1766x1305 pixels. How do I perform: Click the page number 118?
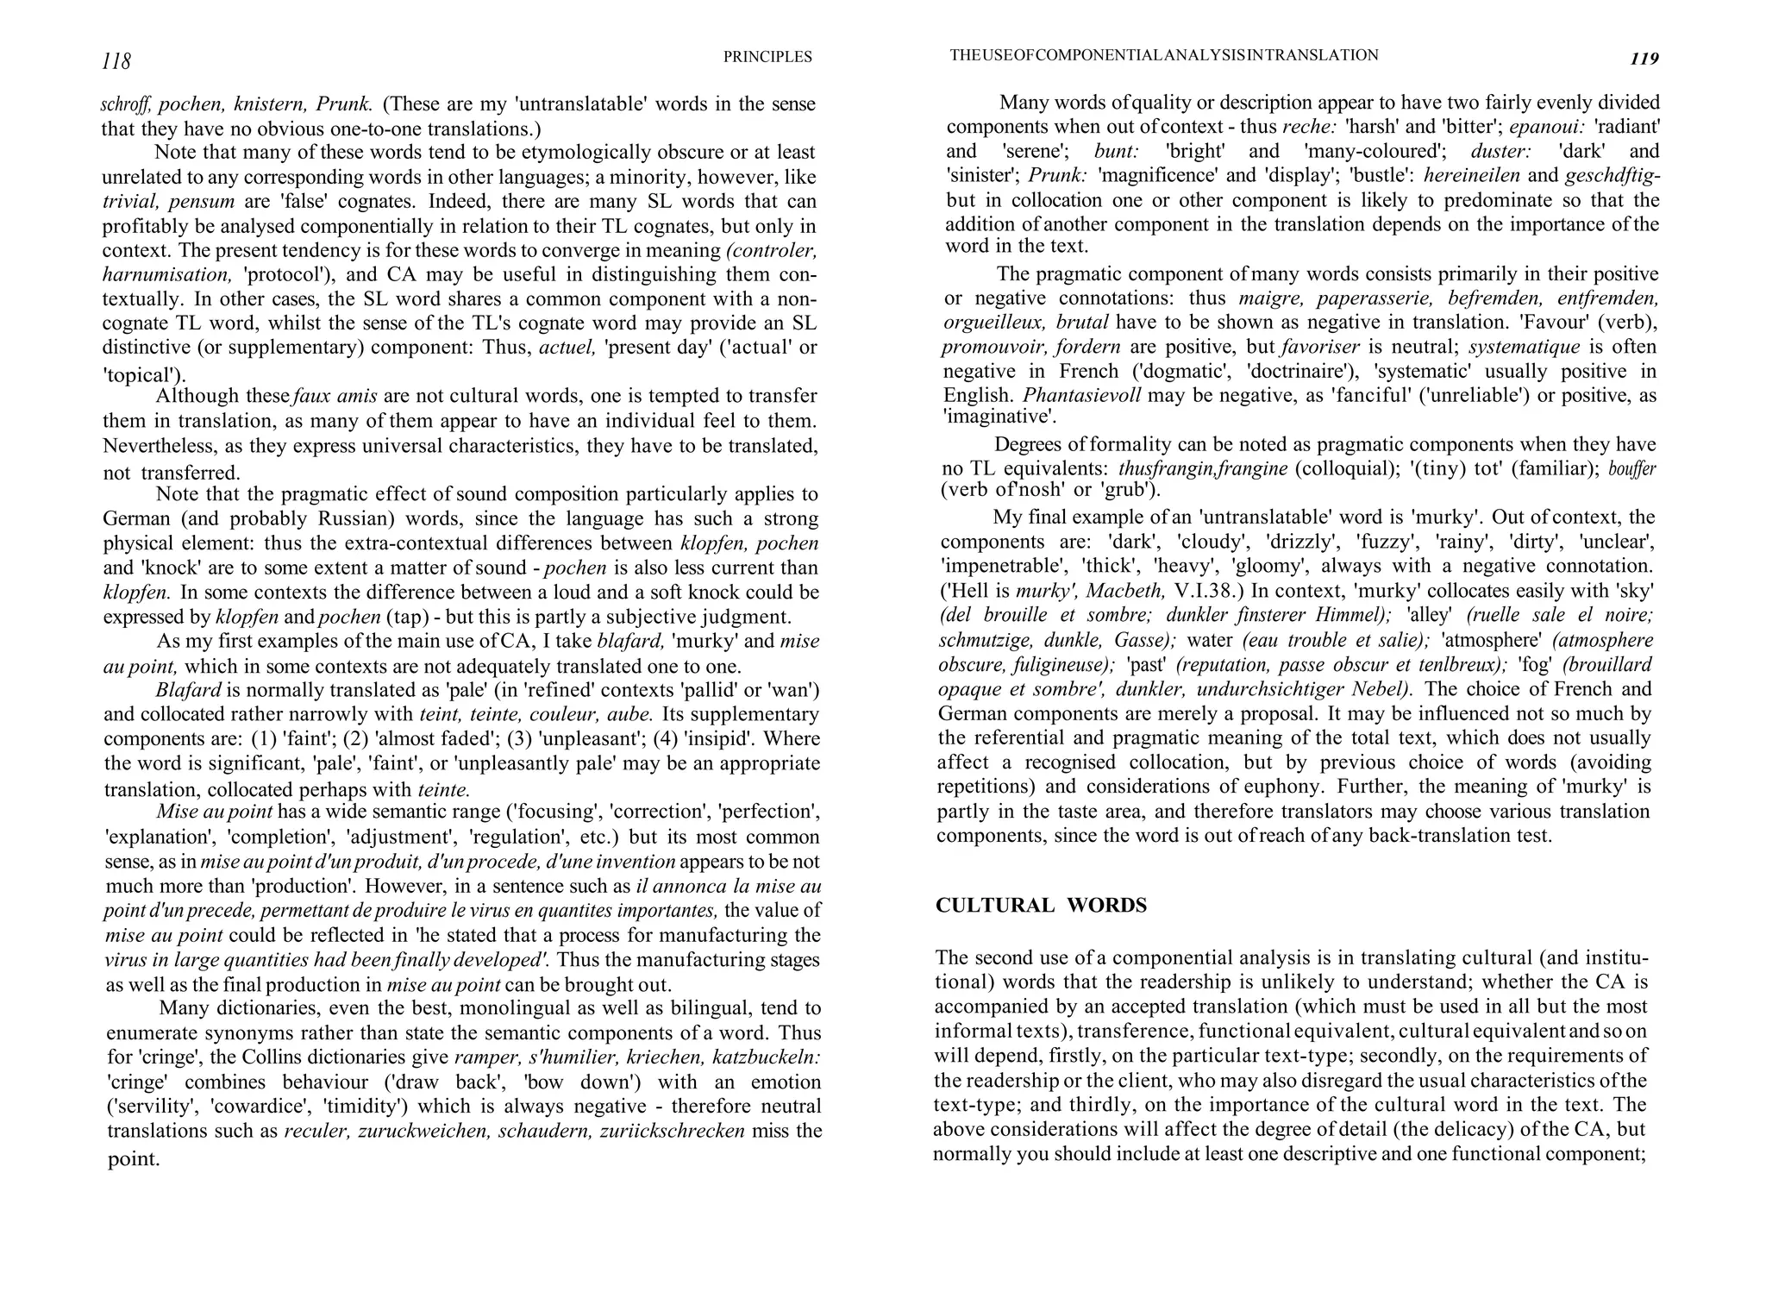(x=116, y=61)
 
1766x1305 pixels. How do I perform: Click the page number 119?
(x=1644, y=59)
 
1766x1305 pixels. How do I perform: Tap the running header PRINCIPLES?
(x=767, y=57)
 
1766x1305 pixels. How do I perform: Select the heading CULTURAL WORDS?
(x=1041, y=906)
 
